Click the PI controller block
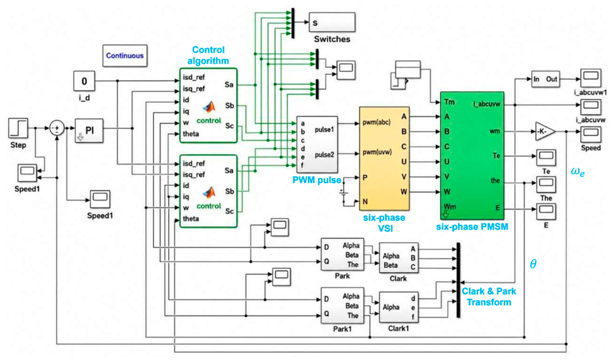(89, 130)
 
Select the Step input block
(18, 128)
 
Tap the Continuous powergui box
(125, 56)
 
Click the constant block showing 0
(84, 81)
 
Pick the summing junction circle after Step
(57, 128)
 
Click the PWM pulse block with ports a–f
(317, 145)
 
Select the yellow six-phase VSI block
(384, 159)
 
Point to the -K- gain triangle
(545, 132)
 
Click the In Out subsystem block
(545, 79)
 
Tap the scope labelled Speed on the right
(590, 133)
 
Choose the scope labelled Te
(546, 157)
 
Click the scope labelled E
(546, 211)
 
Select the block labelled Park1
(342, 305)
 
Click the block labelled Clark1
(398, 307)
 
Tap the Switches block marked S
(332, 23)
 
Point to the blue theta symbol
(533, 264)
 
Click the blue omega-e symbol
(578, 172)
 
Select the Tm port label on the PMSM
(450, 102)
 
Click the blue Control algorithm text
(208, 55)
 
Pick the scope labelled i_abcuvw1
(590, 78)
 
